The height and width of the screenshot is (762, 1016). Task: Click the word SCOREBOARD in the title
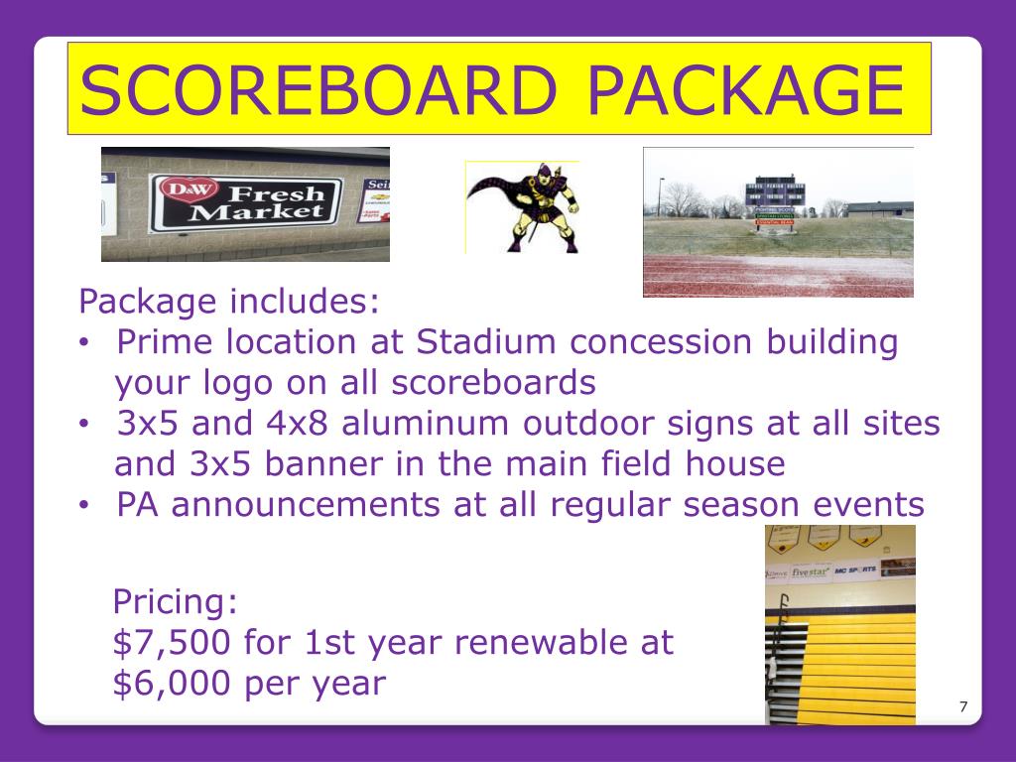point(322,89)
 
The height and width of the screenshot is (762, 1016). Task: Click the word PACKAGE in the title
point(744,89)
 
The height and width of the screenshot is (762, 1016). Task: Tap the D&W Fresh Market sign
point(245,201)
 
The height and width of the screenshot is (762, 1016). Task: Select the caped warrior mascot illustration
point(522,207)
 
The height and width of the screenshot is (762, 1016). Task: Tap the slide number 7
point(962,706)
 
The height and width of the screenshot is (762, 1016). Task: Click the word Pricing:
point(176,601)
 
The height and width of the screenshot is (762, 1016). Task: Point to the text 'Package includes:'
point(229,301)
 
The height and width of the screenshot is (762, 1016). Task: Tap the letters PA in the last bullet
point(137,505)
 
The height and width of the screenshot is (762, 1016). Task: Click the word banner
point(310,464)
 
